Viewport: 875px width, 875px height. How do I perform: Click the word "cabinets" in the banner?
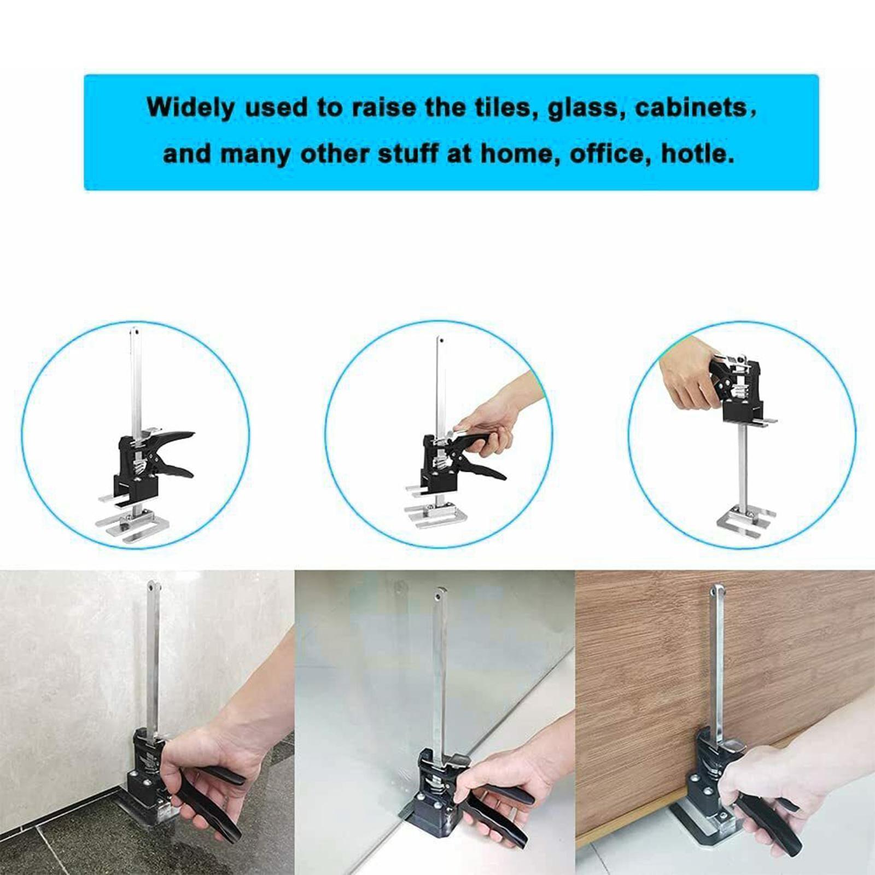coord(690,107)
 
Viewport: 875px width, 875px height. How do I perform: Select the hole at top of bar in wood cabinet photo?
coord(716,591)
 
